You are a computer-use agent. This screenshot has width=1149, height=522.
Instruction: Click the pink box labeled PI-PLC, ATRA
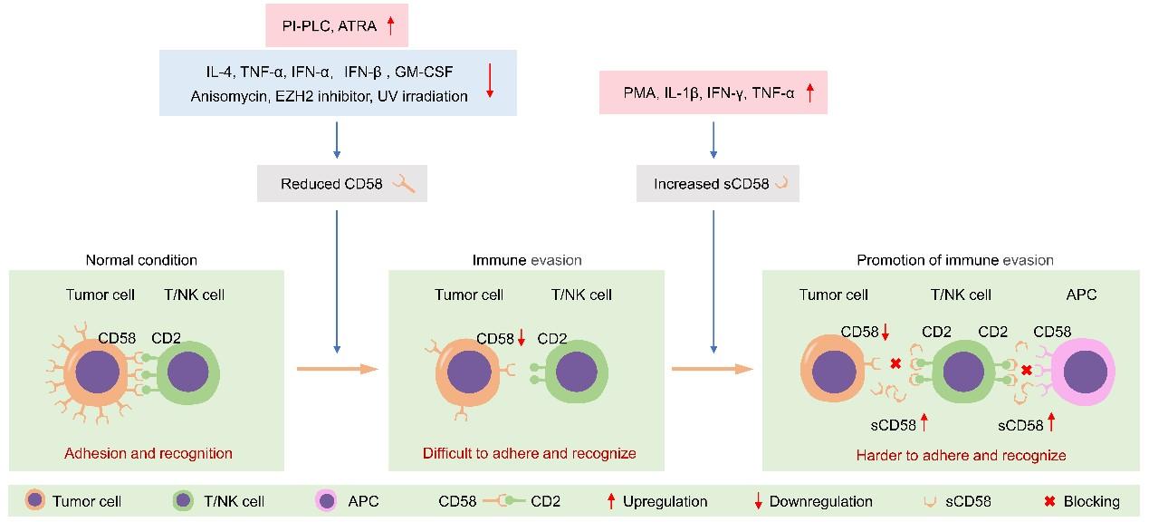point(337,25)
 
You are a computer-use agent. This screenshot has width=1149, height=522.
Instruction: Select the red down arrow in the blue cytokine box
point(490,81)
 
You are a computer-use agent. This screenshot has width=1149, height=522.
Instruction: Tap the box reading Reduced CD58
point(342,184)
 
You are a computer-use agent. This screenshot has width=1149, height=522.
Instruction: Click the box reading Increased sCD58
point(718,184)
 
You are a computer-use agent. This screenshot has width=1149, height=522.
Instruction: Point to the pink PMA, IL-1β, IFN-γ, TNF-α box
point(713,92)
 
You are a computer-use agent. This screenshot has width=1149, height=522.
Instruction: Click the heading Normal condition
point(141,260)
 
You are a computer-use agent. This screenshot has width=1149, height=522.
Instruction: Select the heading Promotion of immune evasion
point(955,260)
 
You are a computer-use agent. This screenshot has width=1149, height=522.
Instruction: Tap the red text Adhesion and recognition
point(148,453)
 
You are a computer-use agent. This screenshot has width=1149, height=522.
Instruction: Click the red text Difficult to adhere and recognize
point(530,453)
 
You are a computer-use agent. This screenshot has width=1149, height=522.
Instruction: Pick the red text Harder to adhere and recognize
point(962,455)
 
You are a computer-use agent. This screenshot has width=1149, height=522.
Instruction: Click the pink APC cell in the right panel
point(1083,372)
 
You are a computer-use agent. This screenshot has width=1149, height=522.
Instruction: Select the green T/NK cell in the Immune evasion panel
point(577,372)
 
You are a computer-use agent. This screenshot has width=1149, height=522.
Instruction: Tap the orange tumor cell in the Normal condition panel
point(97,372)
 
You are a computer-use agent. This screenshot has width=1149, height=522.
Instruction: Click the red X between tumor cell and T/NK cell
point(895,363)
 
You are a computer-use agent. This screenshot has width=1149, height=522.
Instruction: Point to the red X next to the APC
point(1027,370)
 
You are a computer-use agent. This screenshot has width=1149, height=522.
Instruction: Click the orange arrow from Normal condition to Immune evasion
point(338,369)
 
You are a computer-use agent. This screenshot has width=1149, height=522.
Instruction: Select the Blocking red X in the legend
point(1049,501)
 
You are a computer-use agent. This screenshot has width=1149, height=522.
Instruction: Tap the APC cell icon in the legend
point(327,501)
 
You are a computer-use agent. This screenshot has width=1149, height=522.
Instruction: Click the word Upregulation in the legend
point(665,501)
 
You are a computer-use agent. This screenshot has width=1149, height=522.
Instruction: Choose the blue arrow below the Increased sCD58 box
point(713,282)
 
